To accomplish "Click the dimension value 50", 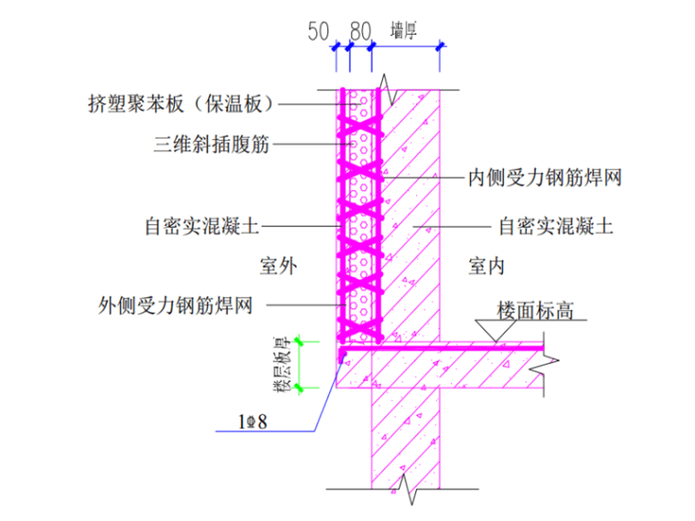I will point(317,31).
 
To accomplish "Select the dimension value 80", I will point(360,31).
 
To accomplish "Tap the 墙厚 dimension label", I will point(404,30).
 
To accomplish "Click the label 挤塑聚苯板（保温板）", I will point(183,104).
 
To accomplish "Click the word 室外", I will point(278,266).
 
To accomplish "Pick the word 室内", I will point(487,266).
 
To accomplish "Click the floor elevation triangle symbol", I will point(495,331).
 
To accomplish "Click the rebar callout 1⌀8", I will point(253,422).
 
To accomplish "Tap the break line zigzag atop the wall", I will point(388,89).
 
